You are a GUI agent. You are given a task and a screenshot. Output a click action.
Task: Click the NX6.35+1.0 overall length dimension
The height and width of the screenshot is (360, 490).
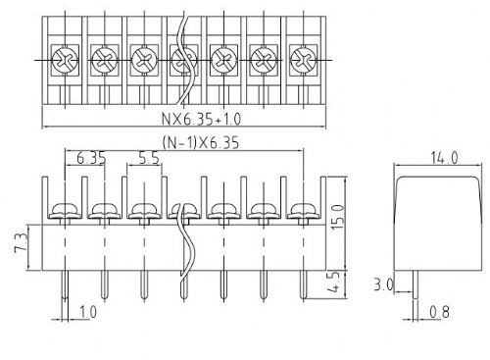(201, 119)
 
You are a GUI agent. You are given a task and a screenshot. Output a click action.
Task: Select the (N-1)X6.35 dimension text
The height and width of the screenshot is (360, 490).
(201, 142)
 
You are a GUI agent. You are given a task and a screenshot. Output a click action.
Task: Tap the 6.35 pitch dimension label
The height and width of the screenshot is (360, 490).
(91, 158)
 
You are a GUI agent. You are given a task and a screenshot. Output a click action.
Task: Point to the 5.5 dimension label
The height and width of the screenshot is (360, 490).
(149, 158)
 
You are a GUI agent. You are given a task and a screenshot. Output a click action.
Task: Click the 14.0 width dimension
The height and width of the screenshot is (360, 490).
(444, 158)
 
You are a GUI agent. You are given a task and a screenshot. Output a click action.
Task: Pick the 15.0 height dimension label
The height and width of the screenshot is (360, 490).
(338, 217)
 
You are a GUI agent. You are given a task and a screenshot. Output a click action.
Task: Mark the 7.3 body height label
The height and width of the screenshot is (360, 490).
(21, 243)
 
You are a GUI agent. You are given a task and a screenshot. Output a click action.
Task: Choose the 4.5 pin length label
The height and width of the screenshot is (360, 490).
(335, 282)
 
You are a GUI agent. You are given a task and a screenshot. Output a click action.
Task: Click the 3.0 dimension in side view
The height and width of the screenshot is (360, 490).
(383, 284)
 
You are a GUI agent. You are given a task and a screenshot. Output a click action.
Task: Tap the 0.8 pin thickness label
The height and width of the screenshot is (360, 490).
(439, 312)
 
